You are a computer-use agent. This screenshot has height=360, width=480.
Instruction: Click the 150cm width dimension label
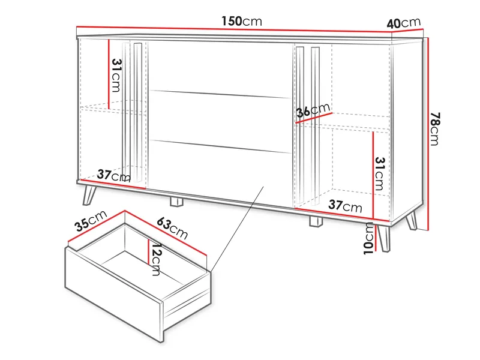click(242, 21)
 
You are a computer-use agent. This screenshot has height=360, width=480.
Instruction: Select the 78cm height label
click(436, 130)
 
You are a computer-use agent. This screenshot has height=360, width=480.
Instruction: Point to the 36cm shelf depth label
click(314, 110)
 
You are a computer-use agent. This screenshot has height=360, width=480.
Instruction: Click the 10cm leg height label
click(368, 238)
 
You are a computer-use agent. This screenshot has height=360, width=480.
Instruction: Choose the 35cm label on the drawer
click(91, 221)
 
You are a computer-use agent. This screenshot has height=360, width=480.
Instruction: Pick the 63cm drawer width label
click(172, 227)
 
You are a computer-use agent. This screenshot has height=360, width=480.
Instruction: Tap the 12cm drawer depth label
click(155, 259)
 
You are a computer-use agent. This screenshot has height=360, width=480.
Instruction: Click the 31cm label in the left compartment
click(116, 78)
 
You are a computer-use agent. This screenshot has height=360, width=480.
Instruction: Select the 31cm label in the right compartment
click(379, 173)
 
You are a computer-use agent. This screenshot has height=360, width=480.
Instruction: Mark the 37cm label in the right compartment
click(345, 206)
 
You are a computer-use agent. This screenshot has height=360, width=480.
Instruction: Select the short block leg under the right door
click(316, 221)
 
